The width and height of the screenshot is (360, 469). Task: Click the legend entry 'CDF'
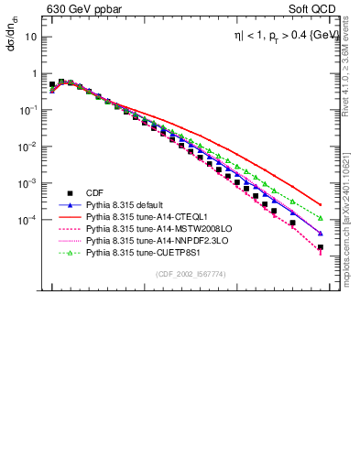click(94, 192)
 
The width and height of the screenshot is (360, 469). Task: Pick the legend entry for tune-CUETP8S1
click(140, 248)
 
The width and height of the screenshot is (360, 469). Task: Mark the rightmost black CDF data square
click(320, 247)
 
